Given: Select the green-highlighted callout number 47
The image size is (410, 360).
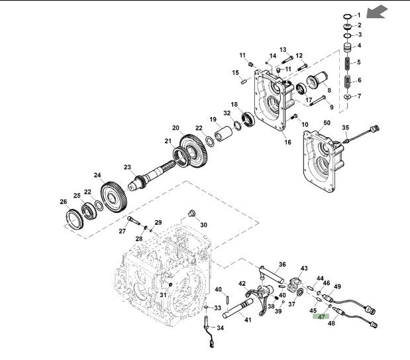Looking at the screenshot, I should (322, 317).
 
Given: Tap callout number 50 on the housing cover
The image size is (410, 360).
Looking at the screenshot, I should (326, 123).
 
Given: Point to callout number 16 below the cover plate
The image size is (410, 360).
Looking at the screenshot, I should (287, 142).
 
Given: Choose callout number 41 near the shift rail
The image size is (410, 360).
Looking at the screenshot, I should (248, 320).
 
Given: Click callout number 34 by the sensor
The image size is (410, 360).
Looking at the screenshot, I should (220, 328).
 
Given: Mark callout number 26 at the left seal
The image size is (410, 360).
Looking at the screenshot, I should (64, 202).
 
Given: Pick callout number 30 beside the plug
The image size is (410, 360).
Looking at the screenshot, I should (203, 225).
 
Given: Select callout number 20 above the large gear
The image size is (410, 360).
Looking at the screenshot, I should (176, 128).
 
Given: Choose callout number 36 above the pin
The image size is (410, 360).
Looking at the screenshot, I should (282, 265).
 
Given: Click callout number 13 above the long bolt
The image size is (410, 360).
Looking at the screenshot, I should (282, 50).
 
